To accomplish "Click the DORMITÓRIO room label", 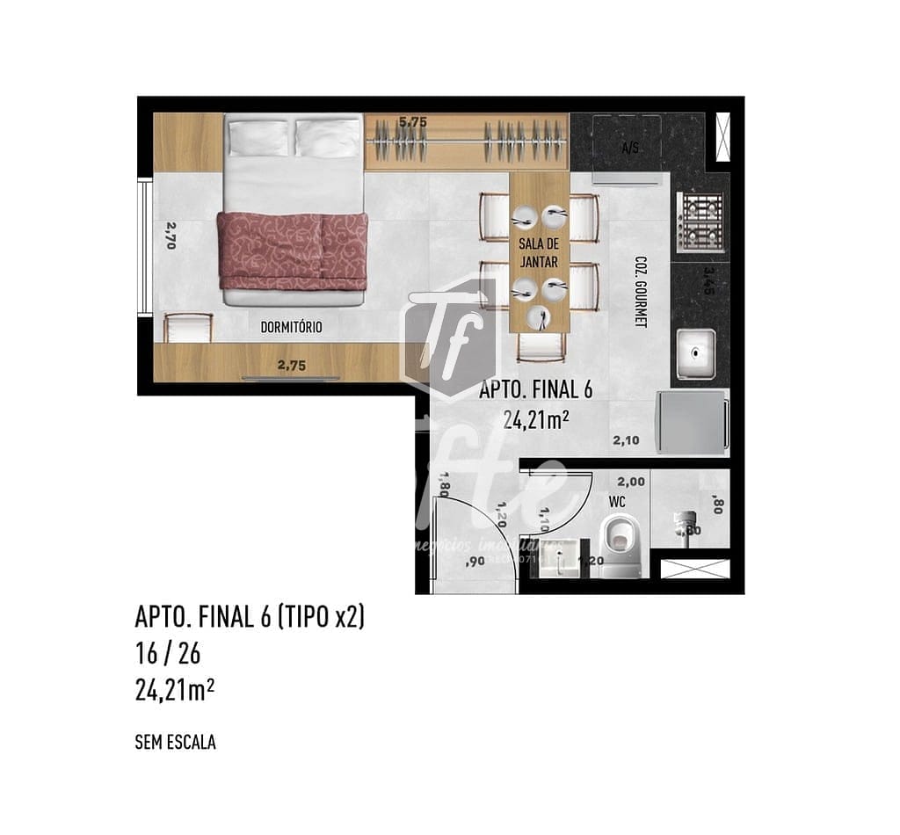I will pyautogui.click(x=291, y=328).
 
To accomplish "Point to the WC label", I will pyautogui.click(x=616, y=501).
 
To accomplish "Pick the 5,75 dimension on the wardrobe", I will pyautogui.click(x=412, y=123).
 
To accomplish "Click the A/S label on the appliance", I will pyautogui.click(x=629, y=149).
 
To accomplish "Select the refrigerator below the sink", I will pyautogui.click(x=692, y=422).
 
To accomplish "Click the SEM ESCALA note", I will pyautogui.click(x=175, y=743).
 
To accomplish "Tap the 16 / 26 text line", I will pyautogui.click(x=161, y=654).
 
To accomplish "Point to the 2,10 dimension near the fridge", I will pyautogui.click(x=626, y=441).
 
